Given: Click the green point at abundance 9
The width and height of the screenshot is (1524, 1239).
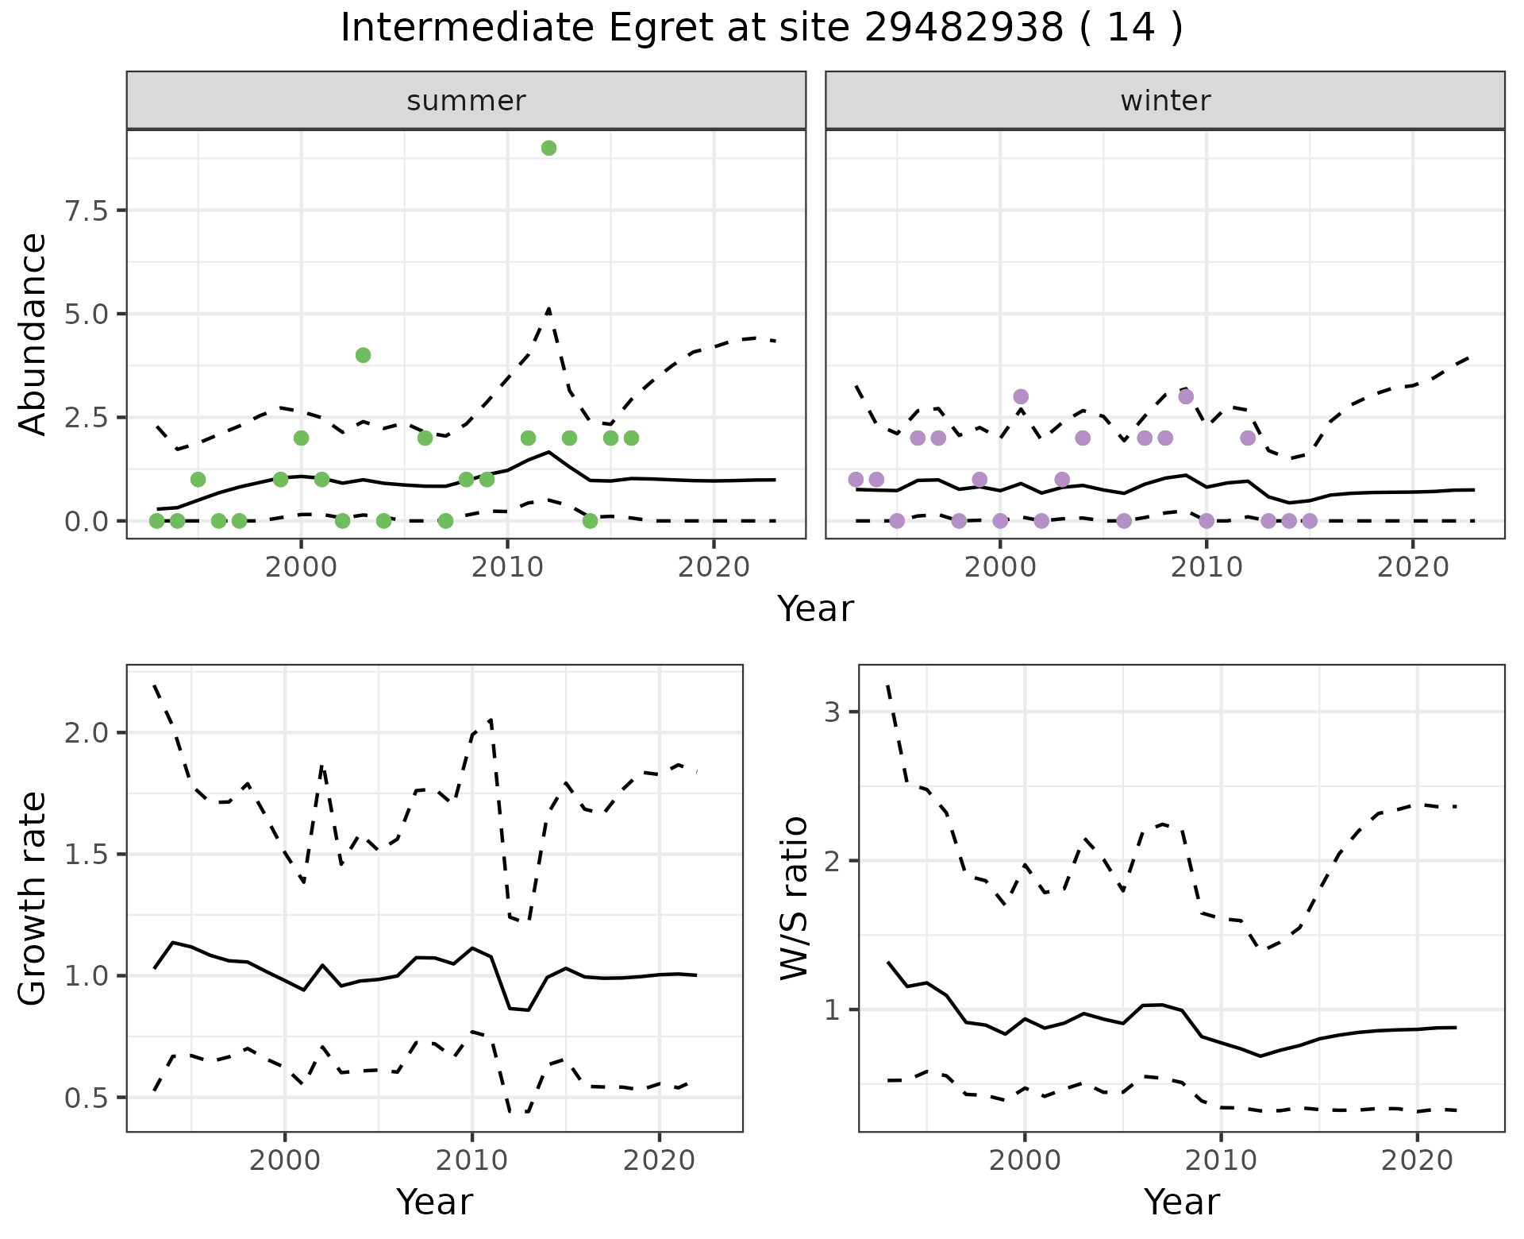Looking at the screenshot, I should (548, 149).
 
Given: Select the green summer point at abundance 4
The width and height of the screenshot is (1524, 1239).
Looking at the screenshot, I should (363, 355).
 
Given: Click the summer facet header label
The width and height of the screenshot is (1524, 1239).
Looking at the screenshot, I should (466, 101).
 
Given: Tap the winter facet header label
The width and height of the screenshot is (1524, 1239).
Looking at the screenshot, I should (1165, 101).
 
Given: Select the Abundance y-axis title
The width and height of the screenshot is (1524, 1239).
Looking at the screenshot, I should (33, 334).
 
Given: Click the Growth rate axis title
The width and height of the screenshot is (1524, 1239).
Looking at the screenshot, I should (33, 898).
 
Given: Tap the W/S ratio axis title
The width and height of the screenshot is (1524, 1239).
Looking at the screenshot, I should (795, 898).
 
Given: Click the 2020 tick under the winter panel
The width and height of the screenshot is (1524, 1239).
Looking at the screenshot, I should (1413, 568).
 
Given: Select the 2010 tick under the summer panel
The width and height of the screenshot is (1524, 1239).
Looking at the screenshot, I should (507, 568).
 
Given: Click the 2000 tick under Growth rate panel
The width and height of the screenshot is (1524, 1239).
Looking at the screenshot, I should (285, 1160).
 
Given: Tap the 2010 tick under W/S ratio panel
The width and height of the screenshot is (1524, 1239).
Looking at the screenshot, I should (1221, 1160).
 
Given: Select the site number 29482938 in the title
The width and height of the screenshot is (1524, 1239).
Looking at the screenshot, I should (964, 29).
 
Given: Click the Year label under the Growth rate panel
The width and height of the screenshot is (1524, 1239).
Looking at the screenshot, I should (434, 1202).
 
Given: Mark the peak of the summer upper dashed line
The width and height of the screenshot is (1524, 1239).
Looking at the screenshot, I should (548, 308).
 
